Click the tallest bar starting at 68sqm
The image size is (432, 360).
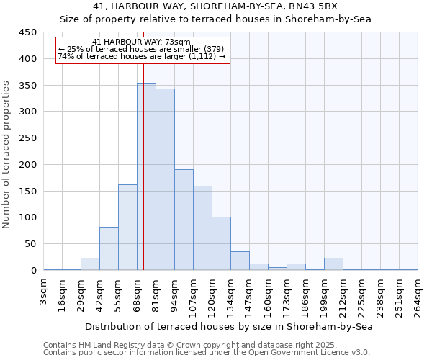tap(146, 176)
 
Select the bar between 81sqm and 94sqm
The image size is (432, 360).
tap(165, 179)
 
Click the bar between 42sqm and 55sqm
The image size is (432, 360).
tap(109, 248)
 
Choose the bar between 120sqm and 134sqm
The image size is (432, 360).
tap(221, 243)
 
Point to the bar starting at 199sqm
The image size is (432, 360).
tap(333, 264)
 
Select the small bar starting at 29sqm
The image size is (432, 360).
tap(90, 264)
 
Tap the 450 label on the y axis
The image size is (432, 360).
tap(28, 32)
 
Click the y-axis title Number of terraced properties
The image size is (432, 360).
tap(6, 155)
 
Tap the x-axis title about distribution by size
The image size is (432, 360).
tap(229, 326)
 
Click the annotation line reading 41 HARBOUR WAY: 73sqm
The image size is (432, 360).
tap(142, 42)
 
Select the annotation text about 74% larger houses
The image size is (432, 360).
tap(142, 56)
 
